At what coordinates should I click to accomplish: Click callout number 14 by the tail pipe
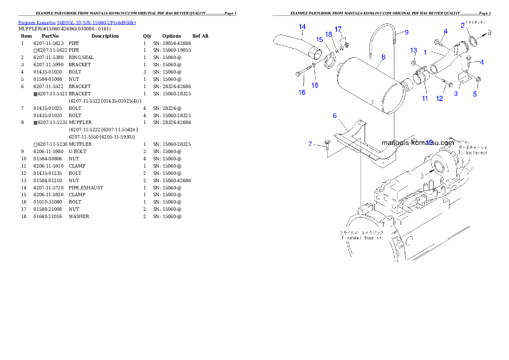[302, 27]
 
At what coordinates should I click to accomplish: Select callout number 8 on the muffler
[383, 56]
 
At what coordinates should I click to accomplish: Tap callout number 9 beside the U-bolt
[406, 32]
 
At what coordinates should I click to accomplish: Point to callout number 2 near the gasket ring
[463, 26]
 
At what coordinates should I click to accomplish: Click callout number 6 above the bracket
[335, 116]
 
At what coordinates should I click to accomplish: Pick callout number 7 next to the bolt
[311, 144]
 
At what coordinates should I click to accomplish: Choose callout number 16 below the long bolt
[302, 92]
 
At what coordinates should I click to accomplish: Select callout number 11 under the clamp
[425, 98]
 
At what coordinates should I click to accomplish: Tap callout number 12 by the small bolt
[439, 99]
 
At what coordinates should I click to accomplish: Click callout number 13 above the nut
[414, 50]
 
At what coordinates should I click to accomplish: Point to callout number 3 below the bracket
[456, 94]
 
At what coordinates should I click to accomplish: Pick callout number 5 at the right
[475, 94]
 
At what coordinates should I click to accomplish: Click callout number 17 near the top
[338, 30]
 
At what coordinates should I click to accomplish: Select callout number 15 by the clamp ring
[320, 39]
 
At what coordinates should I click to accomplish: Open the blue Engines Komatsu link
[77, 23]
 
